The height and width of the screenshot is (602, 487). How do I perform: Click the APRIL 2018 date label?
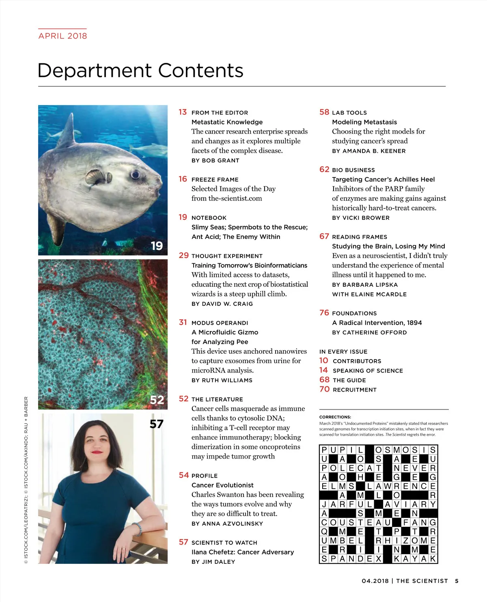[x=62, y=36]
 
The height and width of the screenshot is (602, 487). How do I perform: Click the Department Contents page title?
[x=140, y=71]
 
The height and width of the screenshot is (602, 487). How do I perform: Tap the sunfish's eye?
[x=135, y=174]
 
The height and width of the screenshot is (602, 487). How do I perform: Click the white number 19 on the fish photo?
[x=157, y=246]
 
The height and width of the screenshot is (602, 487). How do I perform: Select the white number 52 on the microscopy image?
[x=157, y=400]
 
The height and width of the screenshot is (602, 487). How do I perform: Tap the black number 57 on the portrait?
[x=156, y=424]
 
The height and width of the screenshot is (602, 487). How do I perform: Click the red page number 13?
[x=183, y=112]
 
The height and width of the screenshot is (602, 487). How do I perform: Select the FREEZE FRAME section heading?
[x=215, y=180]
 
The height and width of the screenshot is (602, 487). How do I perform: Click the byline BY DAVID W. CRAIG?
[x=222, y=303]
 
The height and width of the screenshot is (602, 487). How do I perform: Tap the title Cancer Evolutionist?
[x=222, y=485]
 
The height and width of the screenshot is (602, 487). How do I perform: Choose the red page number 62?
[x=324, y=169]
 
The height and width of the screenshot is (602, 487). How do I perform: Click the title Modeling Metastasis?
[x=364, y=122]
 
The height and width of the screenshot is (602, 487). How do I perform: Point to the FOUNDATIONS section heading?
[x=354, y=313]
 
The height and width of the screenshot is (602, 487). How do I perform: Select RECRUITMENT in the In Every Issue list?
[x=355, y=390]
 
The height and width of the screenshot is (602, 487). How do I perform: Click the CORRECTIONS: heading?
[x=335, y=417]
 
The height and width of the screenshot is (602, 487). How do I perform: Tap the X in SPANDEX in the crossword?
[x=378, y=559]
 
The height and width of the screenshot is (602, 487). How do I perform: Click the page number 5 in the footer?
[x=457, y=581]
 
